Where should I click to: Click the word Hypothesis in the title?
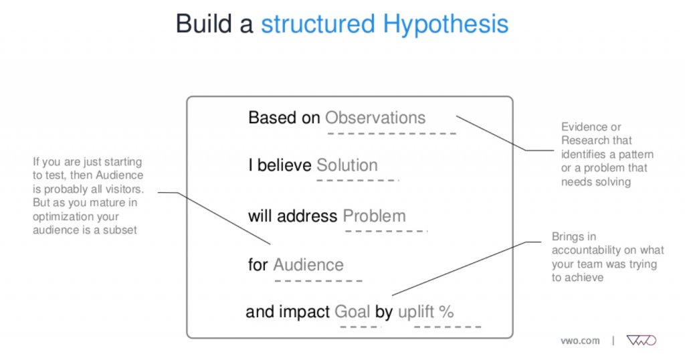446,24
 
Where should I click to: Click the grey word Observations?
375,118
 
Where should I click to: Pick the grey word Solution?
347,165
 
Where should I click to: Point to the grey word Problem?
374,216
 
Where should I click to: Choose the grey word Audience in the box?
308,264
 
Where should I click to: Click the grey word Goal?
353,311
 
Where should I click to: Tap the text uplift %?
426,311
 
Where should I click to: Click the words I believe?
280,165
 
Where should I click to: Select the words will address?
292,216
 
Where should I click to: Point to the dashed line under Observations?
391,133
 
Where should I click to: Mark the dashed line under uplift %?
447,327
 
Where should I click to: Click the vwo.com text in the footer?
579,341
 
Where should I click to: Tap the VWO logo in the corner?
641,341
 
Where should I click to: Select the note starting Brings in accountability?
607,256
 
